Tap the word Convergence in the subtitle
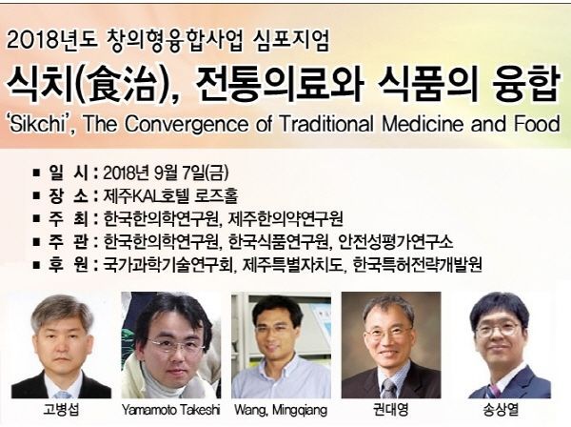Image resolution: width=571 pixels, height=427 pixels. [x=186, y=124]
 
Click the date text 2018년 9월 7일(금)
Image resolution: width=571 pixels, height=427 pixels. [x=166, y=173]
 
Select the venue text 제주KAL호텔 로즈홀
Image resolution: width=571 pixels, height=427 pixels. [x=170, y=195]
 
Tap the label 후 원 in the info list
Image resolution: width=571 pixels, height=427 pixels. [x=68, y=265]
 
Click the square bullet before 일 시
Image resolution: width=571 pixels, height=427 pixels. [x=36, y=173]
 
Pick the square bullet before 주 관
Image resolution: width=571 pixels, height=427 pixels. [x=36, y=241]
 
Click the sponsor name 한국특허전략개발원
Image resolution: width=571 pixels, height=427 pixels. [x=418, y=265]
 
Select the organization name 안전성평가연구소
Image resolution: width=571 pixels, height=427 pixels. [x=396, y=241]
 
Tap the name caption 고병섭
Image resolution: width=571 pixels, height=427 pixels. [x=61, y=410]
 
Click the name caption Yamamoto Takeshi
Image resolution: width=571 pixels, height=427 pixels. [x=170, y=410]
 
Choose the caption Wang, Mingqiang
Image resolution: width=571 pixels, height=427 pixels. [x=281, y=410]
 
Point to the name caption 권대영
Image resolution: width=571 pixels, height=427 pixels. [x=390, y=410]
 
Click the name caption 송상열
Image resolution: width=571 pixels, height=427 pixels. [x=501, y=410]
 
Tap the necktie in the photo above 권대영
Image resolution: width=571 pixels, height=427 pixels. [x=388, y=388]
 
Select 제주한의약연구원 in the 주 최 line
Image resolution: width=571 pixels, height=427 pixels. [x=285, y=218]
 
